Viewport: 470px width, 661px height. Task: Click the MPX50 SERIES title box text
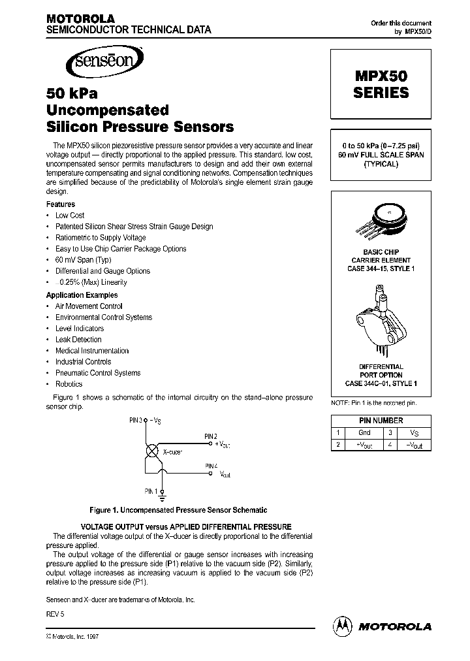click(x=381, y=84)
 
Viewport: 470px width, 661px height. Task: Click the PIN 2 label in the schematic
click(x=210, y=435)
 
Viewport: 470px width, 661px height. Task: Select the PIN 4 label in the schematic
click(x=210, y=465)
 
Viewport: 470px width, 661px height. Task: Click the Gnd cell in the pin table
click(x=364, y=432)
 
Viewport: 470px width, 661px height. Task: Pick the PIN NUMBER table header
click(x=381, y=421)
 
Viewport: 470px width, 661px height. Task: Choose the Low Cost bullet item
click(x=70, y=215)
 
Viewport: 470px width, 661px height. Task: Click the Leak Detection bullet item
click(x=78, y=340)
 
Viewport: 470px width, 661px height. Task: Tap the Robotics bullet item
click(x=69, y=384)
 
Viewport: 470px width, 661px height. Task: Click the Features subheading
click(x=60, y=204)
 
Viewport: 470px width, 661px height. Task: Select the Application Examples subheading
click(x=82, y=295)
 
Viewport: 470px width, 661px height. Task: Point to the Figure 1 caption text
click(x=178, y=510)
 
